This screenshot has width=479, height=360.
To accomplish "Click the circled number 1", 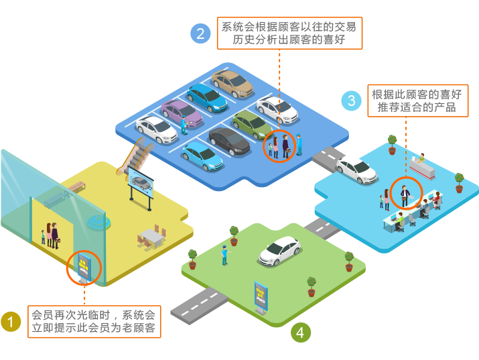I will tap(10, 322).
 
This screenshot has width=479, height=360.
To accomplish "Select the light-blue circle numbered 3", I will tap(351, 101).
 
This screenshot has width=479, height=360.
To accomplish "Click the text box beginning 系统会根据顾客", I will tap(289, 34).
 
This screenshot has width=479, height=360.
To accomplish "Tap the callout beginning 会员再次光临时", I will tap(94, 322).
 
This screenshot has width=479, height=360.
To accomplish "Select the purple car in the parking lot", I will tap(181, 113).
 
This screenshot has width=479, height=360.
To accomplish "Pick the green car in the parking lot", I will tap(251, 124).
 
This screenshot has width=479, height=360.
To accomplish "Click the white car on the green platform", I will tap(279, 251).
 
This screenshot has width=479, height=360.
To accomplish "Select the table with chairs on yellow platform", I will tap(152, 237).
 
